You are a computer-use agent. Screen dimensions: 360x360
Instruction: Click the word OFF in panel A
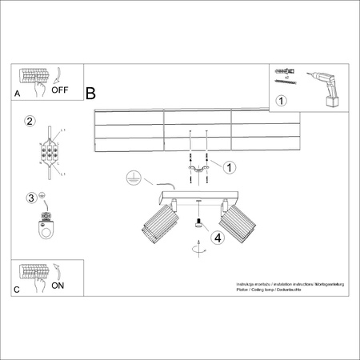(x=61, y=90)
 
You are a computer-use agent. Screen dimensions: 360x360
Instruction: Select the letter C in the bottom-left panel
(x=18, y=289)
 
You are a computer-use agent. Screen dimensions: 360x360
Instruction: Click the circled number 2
(x=30, y=122)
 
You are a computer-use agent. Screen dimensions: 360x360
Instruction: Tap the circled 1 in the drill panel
(x=281, y=102)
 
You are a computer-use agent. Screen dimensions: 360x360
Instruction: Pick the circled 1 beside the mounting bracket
(x=230, y=167)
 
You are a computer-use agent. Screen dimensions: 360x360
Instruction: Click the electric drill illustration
(x=325, y=86)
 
